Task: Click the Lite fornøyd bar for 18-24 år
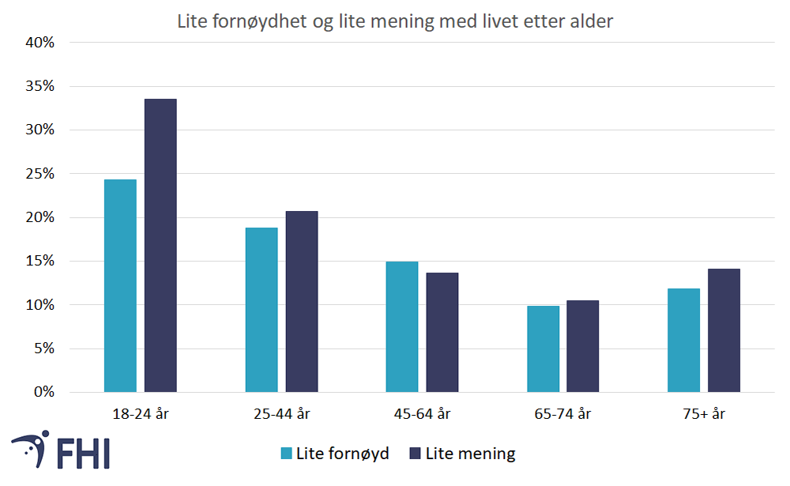120,285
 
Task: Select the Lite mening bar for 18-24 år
160,245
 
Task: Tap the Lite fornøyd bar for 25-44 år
261,310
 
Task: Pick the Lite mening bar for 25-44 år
302,301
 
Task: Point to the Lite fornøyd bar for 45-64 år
402,326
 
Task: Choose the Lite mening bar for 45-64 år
442,332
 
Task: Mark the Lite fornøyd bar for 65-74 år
543,348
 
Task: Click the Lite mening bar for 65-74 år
583,346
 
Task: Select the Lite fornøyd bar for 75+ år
683,340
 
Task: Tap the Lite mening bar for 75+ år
724,330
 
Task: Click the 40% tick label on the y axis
37,43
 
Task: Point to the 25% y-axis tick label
37,174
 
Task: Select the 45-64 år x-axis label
422,413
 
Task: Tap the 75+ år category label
704,413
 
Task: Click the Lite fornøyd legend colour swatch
287,454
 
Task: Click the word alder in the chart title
592,22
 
